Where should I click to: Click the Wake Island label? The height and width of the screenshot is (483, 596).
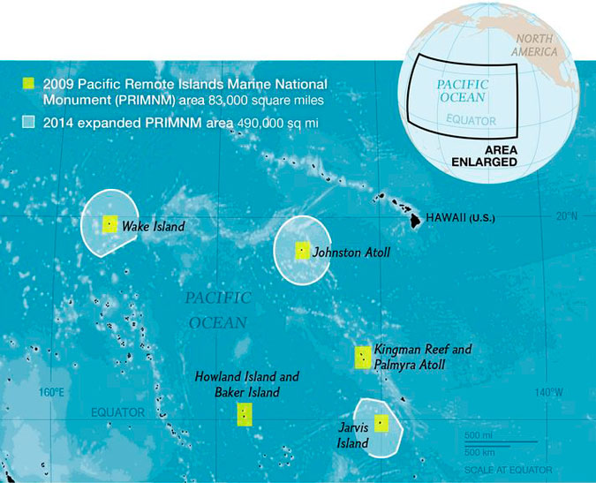pos(153,227)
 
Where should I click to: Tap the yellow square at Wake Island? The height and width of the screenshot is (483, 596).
pos(110,224)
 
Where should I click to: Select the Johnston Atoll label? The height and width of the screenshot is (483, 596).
pos(351,253)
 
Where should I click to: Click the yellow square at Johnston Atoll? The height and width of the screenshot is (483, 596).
pos(302,250)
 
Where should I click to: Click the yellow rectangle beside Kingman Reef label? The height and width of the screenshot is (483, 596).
pos(362,358)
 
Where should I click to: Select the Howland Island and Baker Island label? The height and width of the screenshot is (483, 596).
pos(247,384)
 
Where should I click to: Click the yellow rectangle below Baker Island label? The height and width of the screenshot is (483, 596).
pos(245,415)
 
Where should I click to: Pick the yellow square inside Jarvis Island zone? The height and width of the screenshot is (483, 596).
pos(381,422)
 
